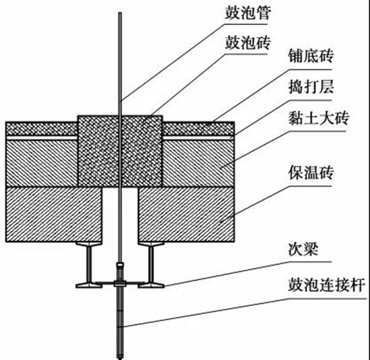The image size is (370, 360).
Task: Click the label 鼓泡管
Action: coord(248,13)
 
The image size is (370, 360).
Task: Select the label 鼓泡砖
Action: coord(248,43)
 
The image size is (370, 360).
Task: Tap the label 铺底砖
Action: coord(311,56)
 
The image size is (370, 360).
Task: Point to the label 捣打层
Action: coord(311,87)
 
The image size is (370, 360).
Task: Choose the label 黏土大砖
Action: coord(318,118)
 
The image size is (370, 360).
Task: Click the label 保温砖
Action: coord(311,173)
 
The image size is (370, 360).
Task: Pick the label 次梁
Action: coord(303,248)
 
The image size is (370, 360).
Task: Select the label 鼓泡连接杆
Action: coord(326,285)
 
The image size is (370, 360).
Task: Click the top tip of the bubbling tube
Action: coord(120,13)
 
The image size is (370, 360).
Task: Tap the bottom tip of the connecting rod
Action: coord(120,359)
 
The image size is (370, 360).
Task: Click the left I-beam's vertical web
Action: coord(89,264)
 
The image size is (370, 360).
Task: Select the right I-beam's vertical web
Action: coord(151,264)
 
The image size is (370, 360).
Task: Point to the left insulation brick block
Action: coord(54,215)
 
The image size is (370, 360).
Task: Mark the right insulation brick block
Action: coord(186,215)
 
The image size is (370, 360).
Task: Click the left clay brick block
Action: coord(42,164)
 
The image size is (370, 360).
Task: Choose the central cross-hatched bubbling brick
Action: coord(120,151)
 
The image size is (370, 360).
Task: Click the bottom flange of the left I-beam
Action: coord(89,285)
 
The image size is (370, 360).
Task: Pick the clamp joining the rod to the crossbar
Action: coord(120,283)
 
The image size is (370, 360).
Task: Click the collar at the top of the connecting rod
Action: coord(120,265)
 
